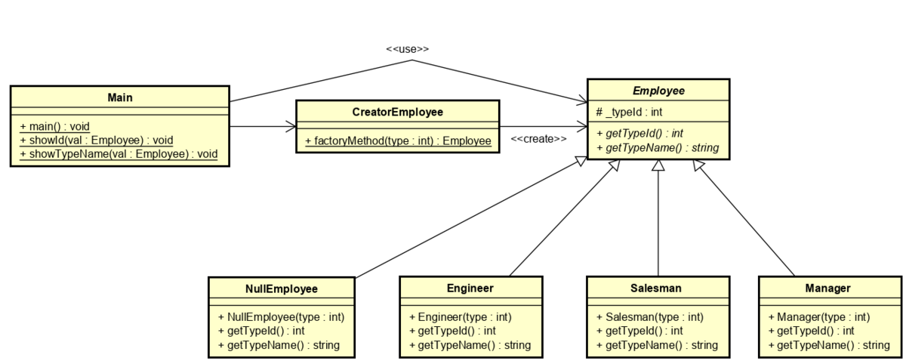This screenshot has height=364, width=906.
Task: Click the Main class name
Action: tap(119, 97)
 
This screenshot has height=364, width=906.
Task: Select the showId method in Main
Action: tap(96, 140)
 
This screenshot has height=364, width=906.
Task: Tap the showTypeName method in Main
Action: tap(119, 153)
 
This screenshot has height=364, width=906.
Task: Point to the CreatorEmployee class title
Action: tap(397, 113)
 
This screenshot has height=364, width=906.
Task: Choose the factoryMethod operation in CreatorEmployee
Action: tap(398, 140)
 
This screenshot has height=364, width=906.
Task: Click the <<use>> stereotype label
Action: tap(407, 49)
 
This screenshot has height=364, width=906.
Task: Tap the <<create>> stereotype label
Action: tap(538, 139)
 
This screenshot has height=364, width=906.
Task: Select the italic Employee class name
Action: tap(658, 91)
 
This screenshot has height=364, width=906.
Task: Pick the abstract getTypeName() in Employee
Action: tap(658, 147)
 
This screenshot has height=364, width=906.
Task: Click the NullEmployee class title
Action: tap(282, 288)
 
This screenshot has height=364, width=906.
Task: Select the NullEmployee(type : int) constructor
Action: tap(281, 317)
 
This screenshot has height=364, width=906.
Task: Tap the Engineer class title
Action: tap(470, 288)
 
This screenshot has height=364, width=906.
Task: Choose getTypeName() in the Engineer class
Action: tap(470, 345)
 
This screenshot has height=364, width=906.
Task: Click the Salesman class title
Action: tap(657, 288)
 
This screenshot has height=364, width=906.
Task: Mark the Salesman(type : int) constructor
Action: tap(649, 317)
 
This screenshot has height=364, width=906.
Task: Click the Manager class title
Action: tap(828, 288)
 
